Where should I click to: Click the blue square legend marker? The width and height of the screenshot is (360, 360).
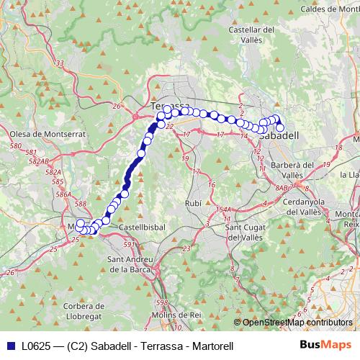pyautogui.click(x=8, y=346)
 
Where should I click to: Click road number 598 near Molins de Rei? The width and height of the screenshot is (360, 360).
pyautogui.click(x=162, y=303)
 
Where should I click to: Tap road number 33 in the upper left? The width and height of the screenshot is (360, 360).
pyautogui.click(x=59, y=63)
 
